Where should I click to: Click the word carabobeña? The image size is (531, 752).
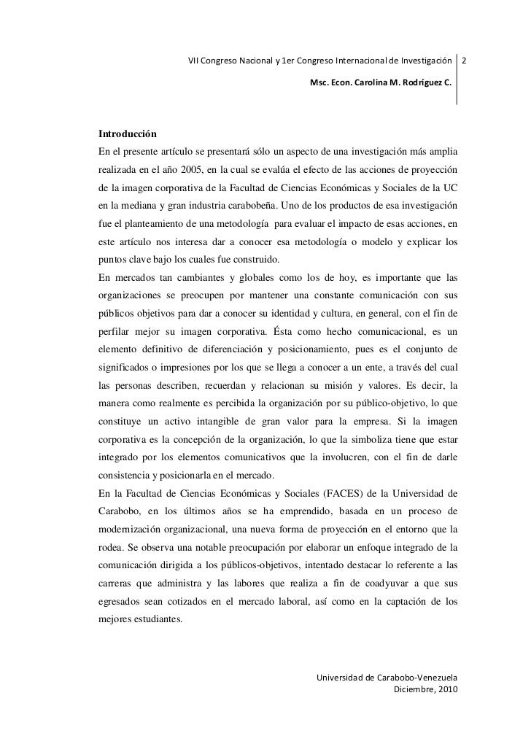[256, 206]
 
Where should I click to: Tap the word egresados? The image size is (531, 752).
[120, 584]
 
